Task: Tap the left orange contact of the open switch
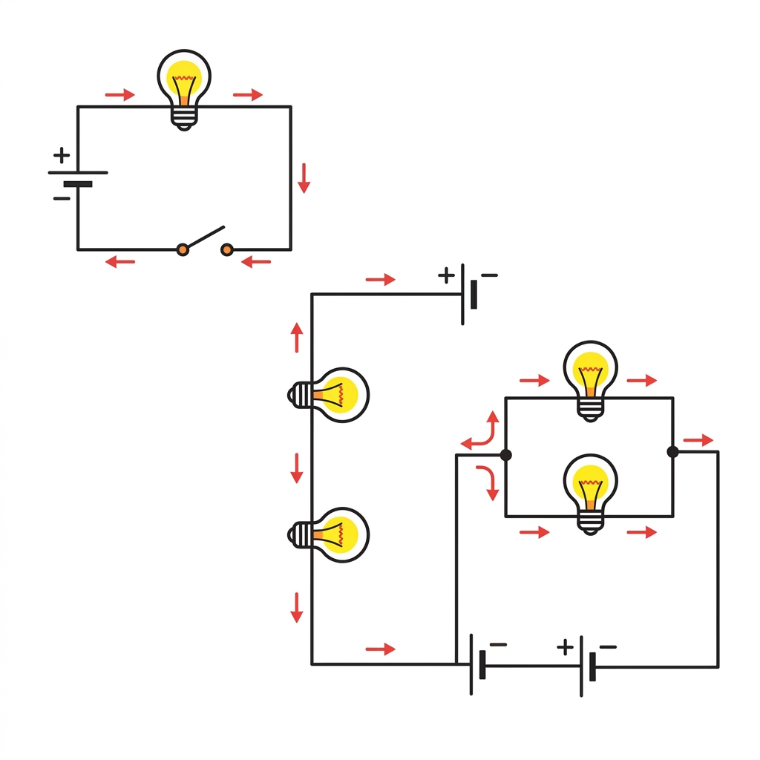tap(183, 250)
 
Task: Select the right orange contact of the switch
tap(227, 250)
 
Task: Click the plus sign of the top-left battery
tap(62, 156)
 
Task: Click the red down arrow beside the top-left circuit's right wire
tap(304, 178)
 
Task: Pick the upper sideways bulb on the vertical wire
tap(330, 395)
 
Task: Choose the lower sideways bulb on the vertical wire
tap(330, 534)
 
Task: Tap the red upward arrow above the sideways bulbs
tap(298, 338)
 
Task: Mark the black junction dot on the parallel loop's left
tap(506, 455)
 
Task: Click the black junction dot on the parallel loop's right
tap(672, 451)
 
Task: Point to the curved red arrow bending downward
tap(488, 482)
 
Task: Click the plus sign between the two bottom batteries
tap(566, 647)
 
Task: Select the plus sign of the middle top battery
tap(446, 276)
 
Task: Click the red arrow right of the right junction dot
tap(698, 440)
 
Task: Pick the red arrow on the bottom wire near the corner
tap(381, 649)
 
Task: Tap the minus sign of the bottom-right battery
tap(608, 647)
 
